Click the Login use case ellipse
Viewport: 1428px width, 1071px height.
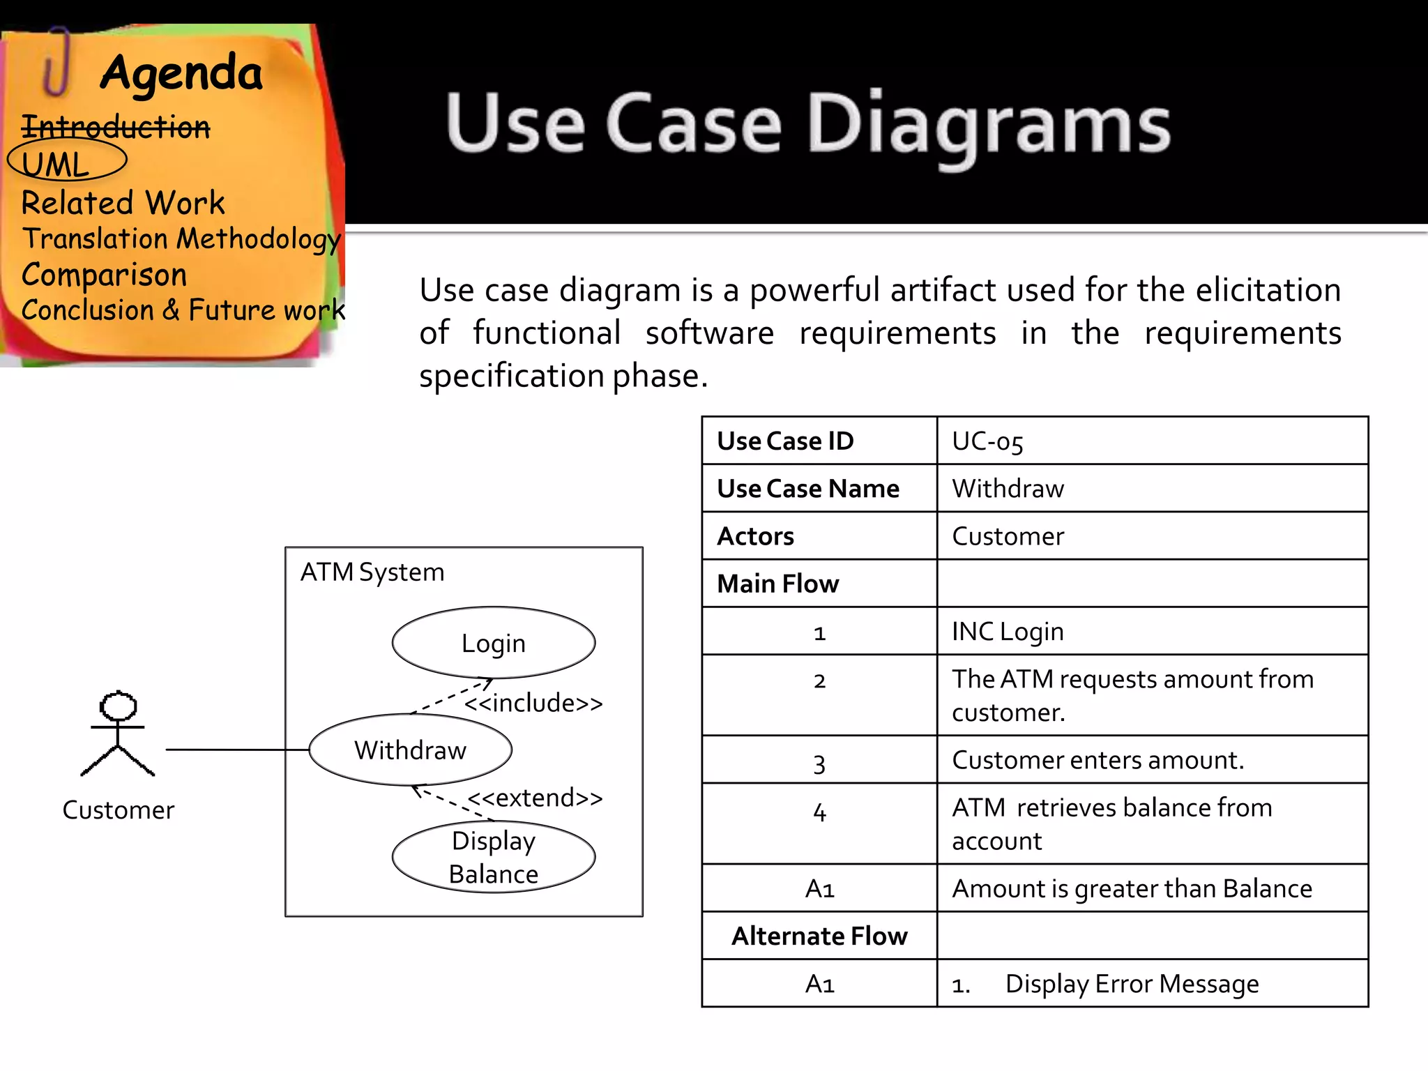tap(493, 642)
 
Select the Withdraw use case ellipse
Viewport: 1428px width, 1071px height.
tap(410, 750)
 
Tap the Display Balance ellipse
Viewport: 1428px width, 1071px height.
tap(493, 857)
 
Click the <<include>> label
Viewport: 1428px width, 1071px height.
tap(533, 703)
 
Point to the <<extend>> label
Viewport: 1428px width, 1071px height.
tap(535, 798)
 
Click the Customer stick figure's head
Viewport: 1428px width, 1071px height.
tap(118, 706)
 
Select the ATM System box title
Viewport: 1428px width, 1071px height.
tap(372, 572)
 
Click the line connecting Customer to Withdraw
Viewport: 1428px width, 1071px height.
tap(237, 750)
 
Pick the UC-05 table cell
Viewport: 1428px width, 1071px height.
tap(987, 441)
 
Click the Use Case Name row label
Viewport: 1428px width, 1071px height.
tap(808, 488)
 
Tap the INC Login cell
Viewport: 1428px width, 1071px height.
tap(1008, 631)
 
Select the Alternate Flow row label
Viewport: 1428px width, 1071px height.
tap(819, 936)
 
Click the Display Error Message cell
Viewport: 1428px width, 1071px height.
tap(1131, 983)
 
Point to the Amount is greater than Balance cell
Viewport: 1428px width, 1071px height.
tap(1131, 888)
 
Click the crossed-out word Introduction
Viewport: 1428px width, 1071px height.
tap(116, 127)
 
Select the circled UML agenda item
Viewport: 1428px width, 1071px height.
tap(56, 165)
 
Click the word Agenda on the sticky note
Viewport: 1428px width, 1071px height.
tap(181, 73)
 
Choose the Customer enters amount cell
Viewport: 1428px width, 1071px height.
tap(1097, 760)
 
